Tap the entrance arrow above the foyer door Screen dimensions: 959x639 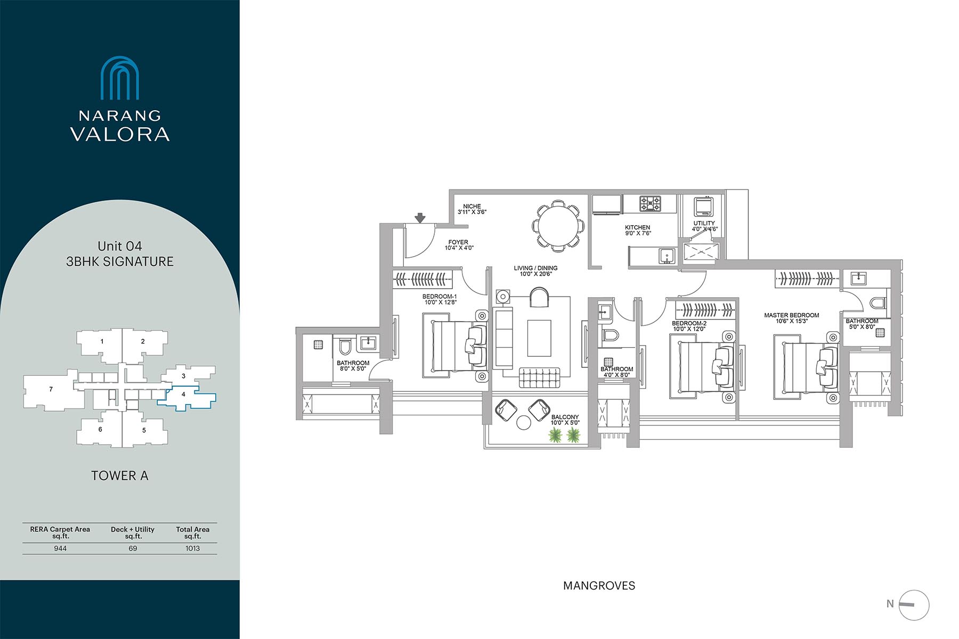click(420, 218)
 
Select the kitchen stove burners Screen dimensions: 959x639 click(651, 203)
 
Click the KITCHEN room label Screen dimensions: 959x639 click(638, 227)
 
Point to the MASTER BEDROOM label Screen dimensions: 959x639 click(792, 315)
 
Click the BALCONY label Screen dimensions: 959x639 click(565, 417)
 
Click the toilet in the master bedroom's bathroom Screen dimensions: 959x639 click(877, 304)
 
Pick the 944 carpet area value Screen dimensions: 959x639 click(60, 548)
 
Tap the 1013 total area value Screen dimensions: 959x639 click(193, 548)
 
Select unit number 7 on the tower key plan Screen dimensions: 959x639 click(51, 389)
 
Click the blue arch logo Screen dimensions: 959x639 click(120, 78)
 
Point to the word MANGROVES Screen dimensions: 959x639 click(599, 586)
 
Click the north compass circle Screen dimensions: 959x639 click(914, 605)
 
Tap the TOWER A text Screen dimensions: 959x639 click(120, 476)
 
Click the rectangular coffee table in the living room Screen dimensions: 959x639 click(539, 338)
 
